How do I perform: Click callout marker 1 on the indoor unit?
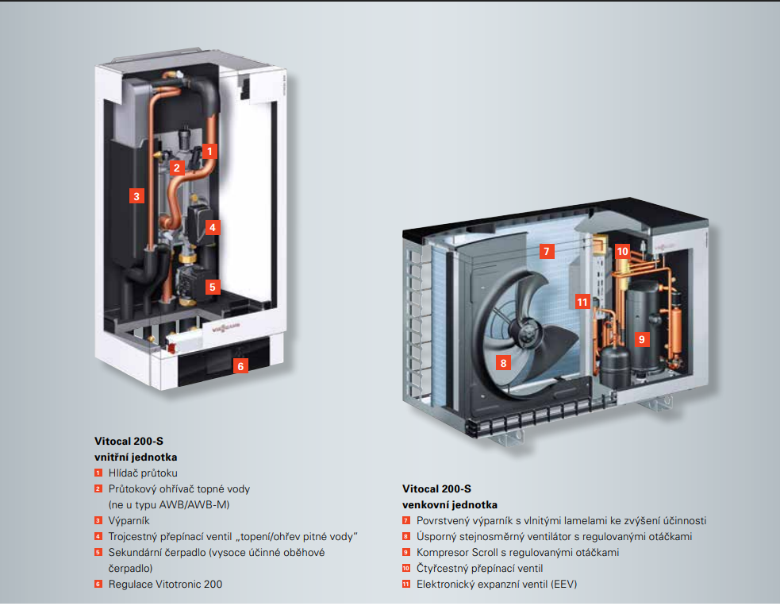(x=209, y=149)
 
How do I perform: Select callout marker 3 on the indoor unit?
(x=137, y=195)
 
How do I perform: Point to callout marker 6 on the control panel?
(x=240, y=366)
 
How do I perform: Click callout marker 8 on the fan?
(x=502, y=363)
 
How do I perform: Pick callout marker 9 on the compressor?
(x=642, y=338)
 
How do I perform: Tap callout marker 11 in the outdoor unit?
(x=582, y=302)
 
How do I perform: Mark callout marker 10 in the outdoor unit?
(x=622, y=251)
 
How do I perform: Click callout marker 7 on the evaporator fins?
(x=545, y=251)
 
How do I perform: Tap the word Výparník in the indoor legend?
(x=129, y=521)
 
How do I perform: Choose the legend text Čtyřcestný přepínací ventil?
(x=479, y=569)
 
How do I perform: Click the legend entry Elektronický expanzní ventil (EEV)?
(x=497, y=585)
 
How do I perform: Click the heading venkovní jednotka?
(x=450, y=505)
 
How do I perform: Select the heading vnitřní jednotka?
(x=136, y=457)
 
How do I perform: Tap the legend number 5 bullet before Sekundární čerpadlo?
(x=98, y=553)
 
